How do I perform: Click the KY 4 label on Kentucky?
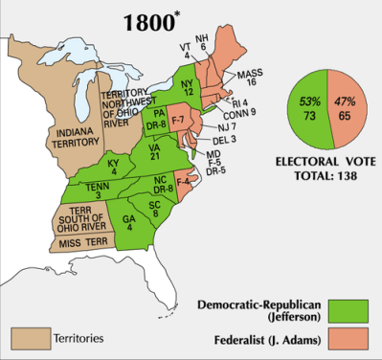tap(115, 165)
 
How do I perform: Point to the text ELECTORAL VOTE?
tap(329, 162)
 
